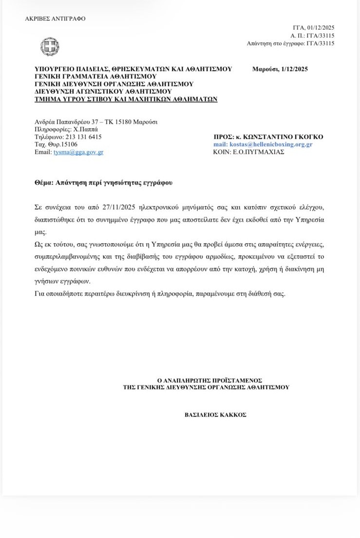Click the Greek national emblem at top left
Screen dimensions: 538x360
tap(50, 47)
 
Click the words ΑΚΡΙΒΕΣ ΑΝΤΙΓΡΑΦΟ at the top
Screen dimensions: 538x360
tap(55, 19)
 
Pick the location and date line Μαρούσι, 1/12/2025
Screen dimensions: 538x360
tap(280, 69)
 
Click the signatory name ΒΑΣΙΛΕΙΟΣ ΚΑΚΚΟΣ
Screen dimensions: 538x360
tap(208, 415)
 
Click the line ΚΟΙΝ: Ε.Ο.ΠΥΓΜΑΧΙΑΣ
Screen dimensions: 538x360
tap(248, 152)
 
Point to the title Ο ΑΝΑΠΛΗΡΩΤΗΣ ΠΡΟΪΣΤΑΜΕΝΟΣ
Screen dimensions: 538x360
tap(206, 380)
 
